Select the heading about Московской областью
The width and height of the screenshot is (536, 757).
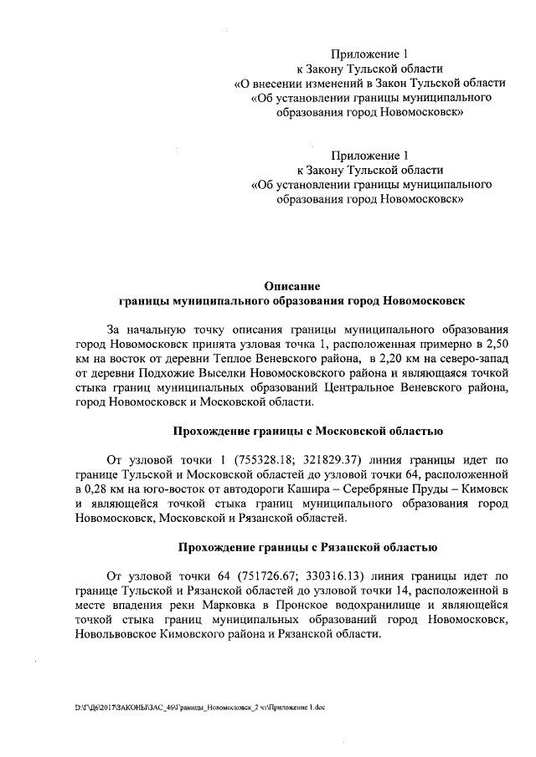[307, 431]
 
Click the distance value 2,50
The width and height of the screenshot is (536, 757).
[493, 345]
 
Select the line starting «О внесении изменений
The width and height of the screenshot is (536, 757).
[369, 84]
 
